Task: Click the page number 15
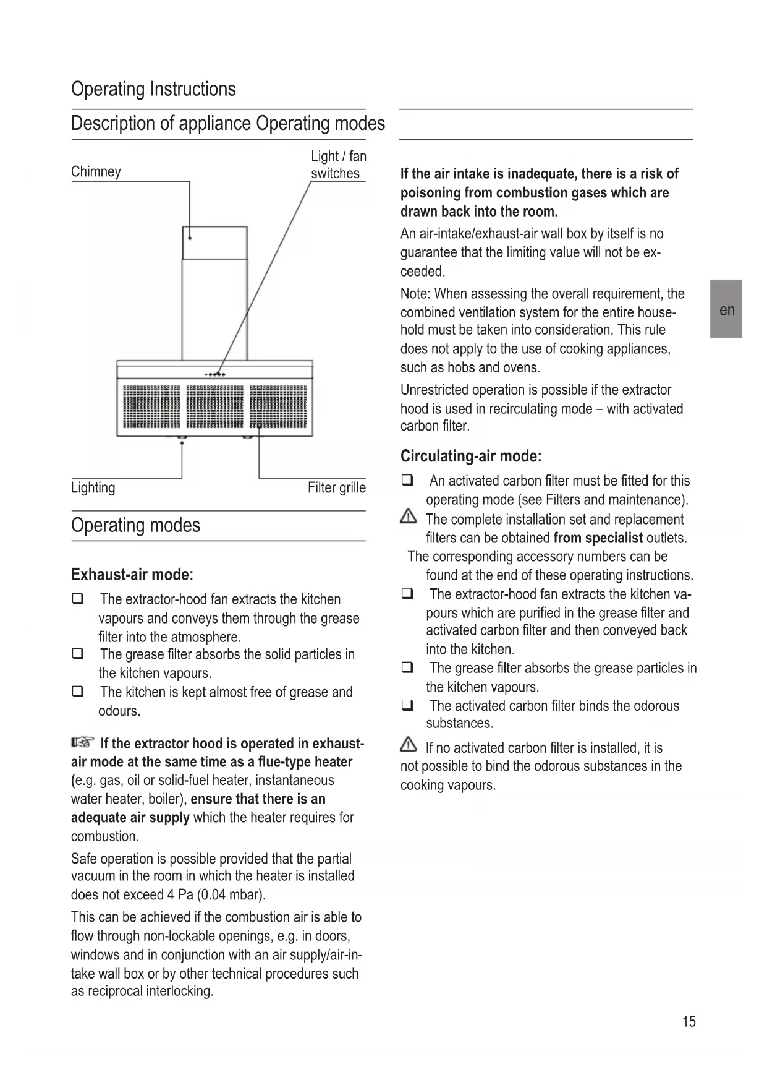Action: [x=689, y=1021]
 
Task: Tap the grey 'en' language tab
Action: [x=726, y=309]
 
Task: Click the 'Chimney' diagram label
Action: [x=96, y=172]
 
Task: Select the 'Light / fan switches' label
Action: [x=338, y=165]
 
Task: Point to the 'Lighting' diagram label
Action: [x=93, y=487]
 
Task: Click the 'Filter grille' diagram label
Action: [x=336, y=487]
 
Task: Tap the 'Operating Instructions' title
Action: [x=153, y=89]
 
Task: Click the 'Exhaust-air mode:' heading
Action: [x=132, y=575]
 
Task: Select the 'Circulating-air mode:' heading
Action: [x=471, y=457]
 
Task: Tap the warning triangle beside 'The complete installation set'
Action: [x=409, y=517]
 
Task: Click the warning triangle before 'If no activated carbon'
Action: [x=409, y=745]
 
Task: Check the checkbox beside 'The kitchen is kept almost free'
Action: [x=78, y=692]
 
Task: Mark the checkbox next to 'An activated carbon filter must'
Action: [x=407, y=480]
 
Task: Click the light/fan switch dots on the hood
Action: [x=215, y=374]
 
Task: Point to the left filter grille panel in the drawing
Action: [x=151, y=406]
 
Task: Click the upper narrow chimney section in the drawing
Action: [x=214, y=243]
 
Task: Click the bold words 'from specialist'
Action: [x=598, y=538]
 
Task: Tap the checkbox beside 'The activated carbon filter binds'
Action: [x=407, y=705]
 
